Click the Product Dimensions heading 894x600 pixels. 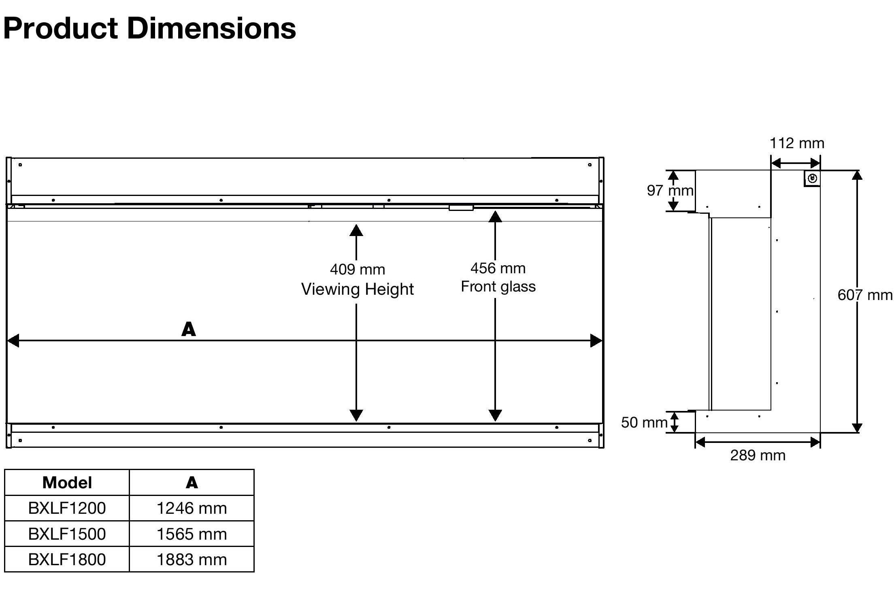click(x=149, y=29)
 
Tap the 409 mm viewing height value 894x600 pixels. click(x=358, y=269)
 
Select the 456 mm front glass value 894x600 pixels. click(x=498, y=268)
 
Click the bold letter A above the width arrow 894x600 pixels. click(x=189, y=329)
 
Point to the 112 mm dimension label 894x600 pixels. click(x=797, y=143)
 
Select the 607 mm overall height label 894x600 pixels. click(x=865, y=295)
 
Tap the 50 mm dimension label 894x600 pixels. click(x=644, y=422)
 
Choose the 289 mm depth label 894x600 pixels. click(x=758, y=455)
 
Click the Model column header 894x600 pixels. click(x=67, y=483)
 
